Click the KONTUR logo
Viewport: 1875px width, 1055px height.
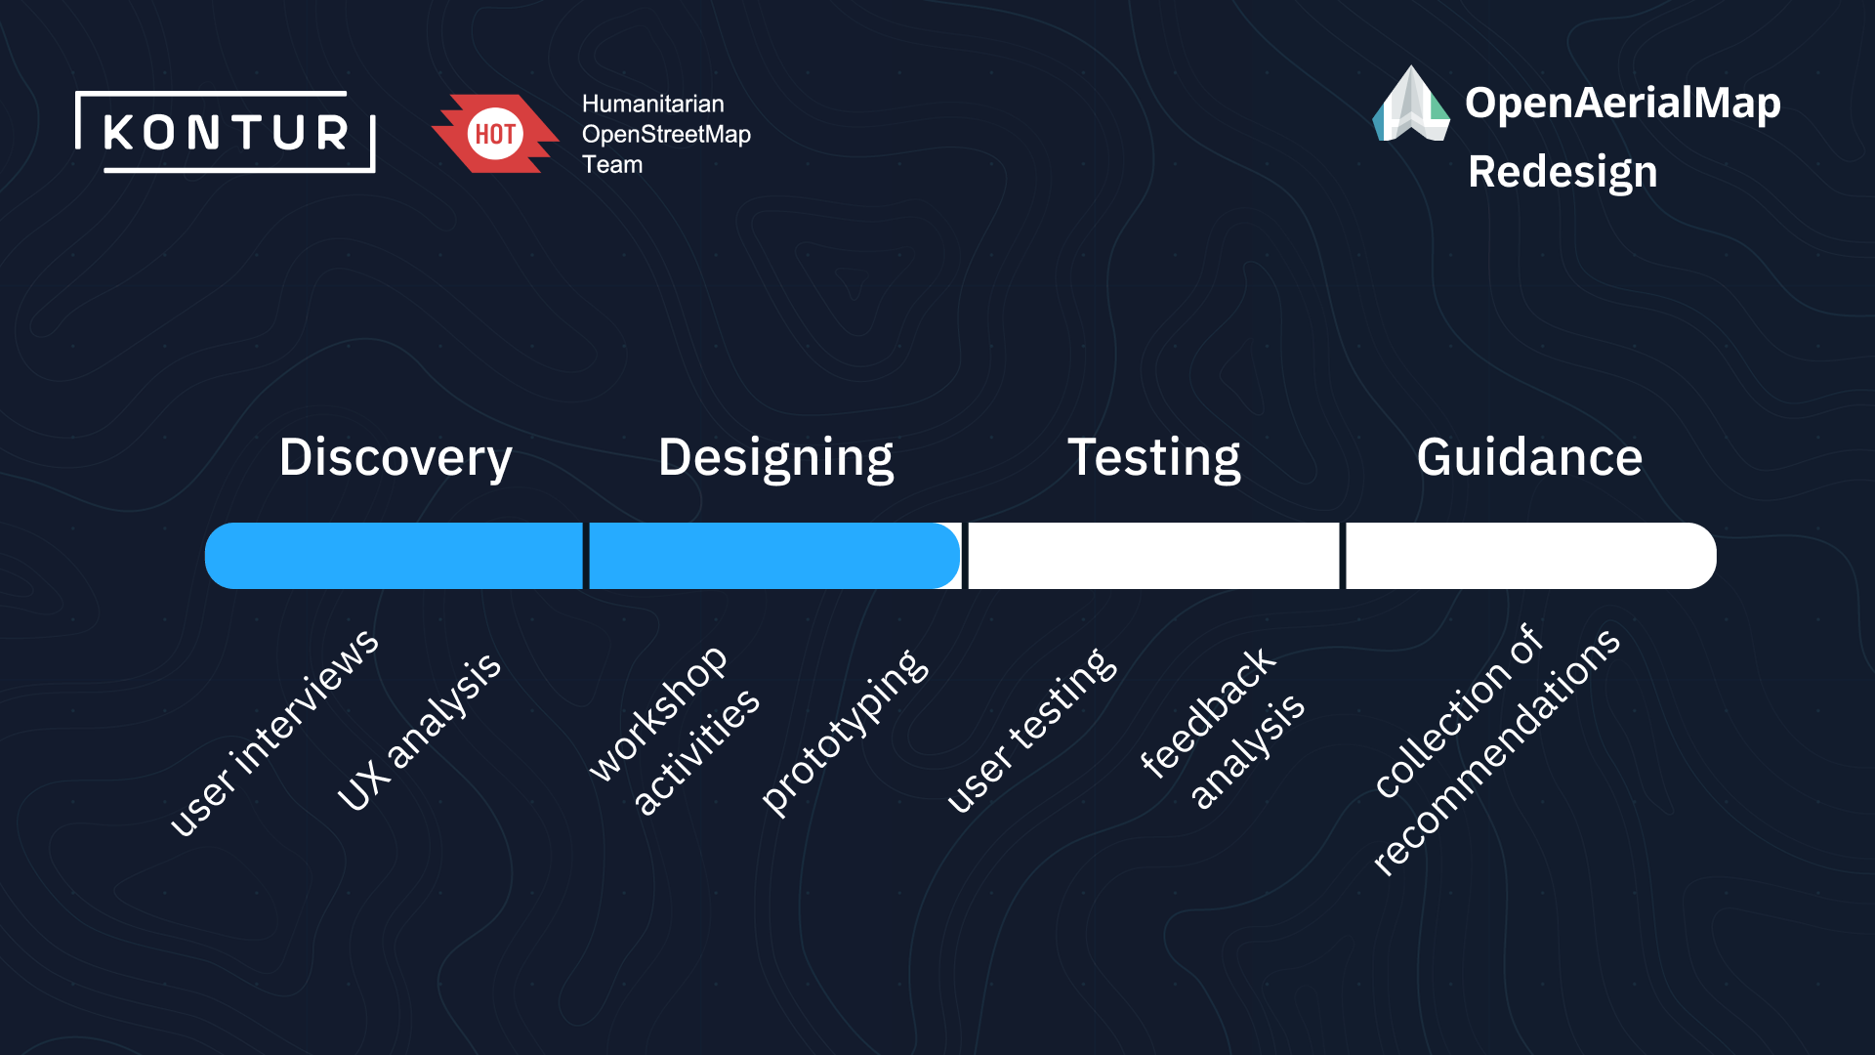[x=226, y=132]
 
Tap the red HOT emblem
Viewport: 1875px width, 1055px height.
[x=495, y=134]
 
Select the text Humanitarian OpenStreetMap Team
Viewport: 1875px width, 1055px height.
[x=666, y=134]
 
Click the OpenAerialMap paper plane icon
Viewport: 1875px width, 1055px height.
[x=1411, y=104]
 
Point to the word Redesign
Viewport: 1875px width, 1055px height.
[x=1562, y=173]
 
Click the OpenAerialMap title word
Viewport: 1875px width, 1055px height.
[x=1623, y=104]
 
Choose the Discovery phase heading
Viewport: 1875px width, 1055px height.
[x=396, y=458]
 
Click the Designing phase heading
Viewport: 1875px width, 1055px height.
[x=776, y=458]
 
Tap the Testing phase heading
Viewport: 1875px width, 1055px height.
[x=1154, y=458]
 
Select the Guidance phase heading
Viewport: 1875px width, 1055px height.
[x=1529, y=457]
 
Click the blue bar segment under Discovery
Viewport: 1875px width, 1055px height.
[x=394, y=556]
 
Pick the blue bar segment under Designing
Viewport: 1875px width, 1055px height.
[x=775, y=556]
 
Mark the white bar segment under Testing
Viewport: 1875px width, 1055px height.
[x=1153, y=556]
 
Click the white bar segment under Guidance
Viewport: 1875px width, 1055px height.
[x=1531, y=556]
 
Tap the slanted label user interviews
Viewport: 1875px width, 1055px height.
[x=274, y=732]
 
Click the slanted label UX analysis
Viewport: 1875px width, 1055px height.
[x=419, y=732]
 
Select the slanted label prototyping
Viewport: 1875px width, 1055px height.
[x=846, y=732]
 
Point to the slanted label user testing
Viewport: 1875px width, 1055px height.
[x=1032, y=731]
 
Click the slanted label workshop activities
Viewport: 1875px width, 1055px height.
[x=675, y=730]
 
